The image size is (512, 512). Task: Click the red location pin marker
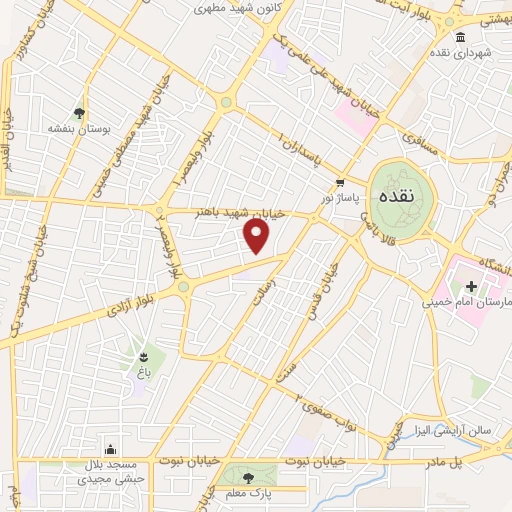[257, 236]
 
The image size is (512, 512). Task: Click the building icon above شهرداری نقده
[460, 38]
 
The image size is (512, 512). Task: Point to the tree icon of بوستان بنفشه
[79, 112]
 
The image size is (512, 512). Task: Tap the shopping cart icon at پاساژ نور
[340, 183]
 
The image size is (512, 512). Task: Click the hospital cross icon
[470, 286]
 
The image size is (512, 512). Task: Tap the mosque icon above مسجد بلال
[109, 449]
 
